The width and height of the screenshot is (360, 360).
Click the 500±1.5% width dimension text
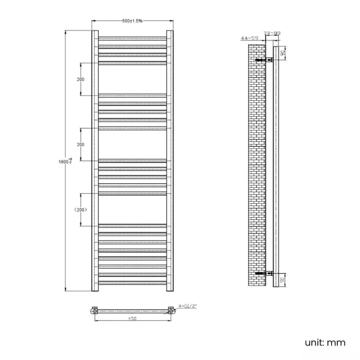(x=132, y=20)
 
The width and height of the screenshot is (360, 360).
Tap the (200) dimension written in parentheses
(x=81, y=209)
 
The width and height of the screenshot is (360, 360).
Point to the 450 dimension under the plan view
(x=132, y=319)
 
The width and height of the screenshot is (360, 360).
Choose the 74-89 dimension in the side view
(x=272, y=34)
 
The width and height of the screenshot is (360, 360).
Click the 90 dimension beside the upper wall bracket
(x=282, y=53)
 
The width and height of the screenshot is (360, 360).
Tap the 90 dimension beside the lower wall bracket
(x=282, y=280)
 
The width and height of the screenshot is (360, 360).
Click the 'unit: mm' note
(x=325, y=343)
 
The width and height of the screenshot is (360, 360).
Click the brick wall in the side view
(x=257, y=166)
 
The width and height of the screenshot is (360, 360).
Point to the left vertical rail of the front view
(x=94, y=161)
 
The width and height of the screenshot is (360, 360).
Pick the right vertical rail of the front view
(x=170, y=161)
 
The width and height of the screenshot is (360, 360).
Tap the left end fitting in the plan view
(x=95, y=311)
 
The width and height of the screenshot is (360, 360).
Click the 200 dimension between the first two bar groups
(x=81, y=79)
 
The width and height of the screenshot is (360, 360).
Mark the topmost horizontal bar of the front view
(x=132, y=38)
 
